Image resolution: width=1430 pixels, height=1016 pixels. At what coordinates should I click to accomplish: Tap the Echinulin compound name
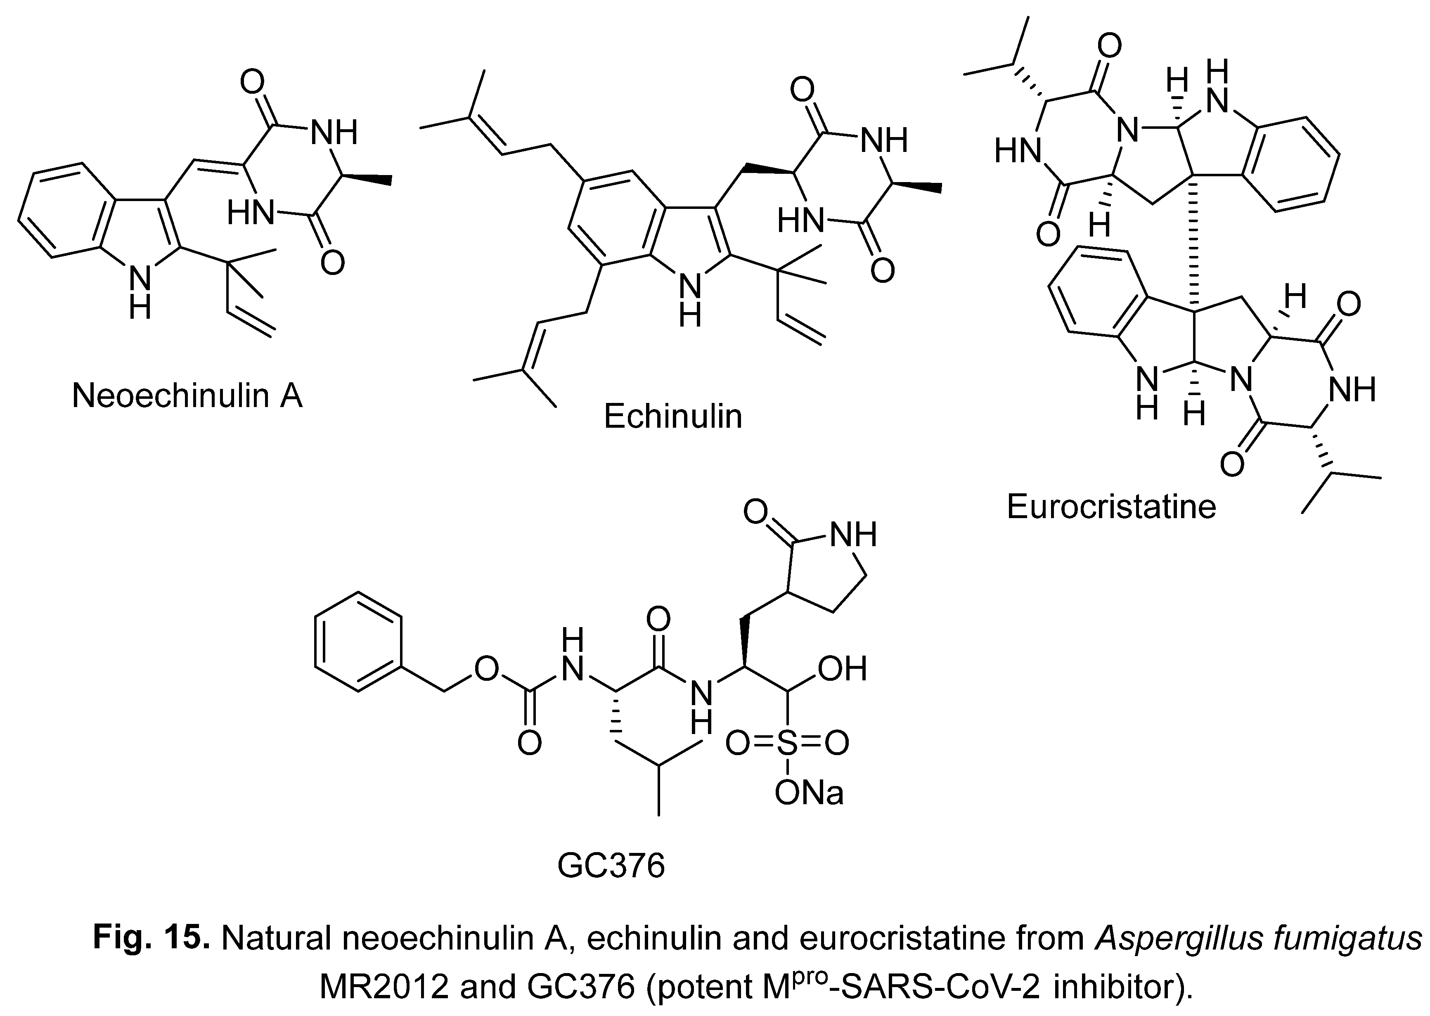coord(672,417)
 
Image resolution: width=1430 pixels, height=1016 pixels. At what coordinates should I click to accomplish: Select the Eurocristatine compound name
coord(1111,506)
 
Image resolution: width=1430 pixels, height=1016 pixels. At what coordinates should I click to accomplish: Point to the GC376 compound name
coord(611,866)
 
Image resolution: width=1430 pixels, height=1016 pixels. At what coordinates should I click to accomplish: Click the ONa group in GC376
coord(809,793)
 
